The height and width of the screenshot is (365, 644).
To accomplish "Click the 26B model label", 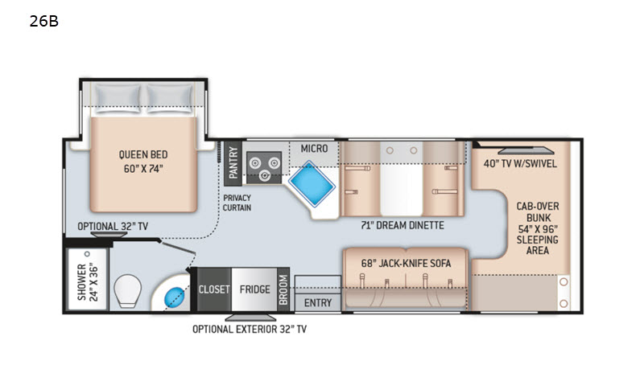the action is (x=44, y=22).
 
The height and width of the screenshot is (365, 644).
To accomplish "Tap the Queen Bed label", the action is (x=143, y=154).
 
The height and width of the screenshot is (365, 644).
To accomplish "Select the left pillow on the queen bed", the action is (x=117, y=98).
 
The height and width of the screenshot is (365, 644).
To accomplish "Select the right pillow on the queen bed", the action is (x=170, y=98).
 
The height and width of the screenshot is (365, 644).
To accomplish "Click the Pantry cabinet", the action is (x=233, y=163).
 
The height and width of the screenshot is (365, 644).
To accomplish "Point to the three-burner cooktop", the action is (x=264, y=167).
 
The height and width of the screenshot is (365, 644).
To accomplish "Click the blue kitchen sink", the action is (x=312, y=183).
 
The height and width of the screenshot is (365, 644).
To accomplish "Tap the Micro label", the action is (x=314, y=149).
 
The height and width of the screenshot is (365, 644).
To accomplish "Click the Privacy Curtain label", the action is (x=237, y=203).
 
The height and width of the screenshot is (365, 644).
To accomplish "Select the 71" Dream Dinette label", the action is (x=402, y=225).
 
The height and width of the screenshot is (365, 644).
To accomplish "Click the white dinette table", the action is (x=401, y=178).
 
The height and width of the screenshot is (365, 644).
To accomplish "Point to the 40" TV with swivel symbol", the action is (x=526, y=150).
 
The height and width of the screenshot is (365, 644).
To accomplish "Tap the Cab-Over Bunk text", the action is (x=538, y=211).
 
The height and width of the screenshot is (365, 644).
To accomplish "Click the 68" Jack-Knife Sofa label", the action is (x=407, y=263).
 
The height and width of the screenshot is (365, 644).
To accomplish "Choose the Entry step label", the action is (x=318, y=302).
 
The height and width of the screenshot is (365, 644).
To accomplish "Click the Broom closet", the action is (x=283, y=289).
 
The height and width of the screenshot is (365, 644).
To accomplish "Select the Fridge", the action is (x=254, y=289).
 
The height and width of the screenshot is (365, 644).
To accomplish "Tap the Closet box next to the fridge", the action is (x=214, y=289).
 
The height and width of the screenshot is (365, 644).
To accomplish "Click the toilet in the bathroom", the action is (x=127, y=290).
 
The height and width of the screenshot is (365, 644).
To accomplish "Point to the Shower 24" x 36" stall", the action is (x=88, y=280).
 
